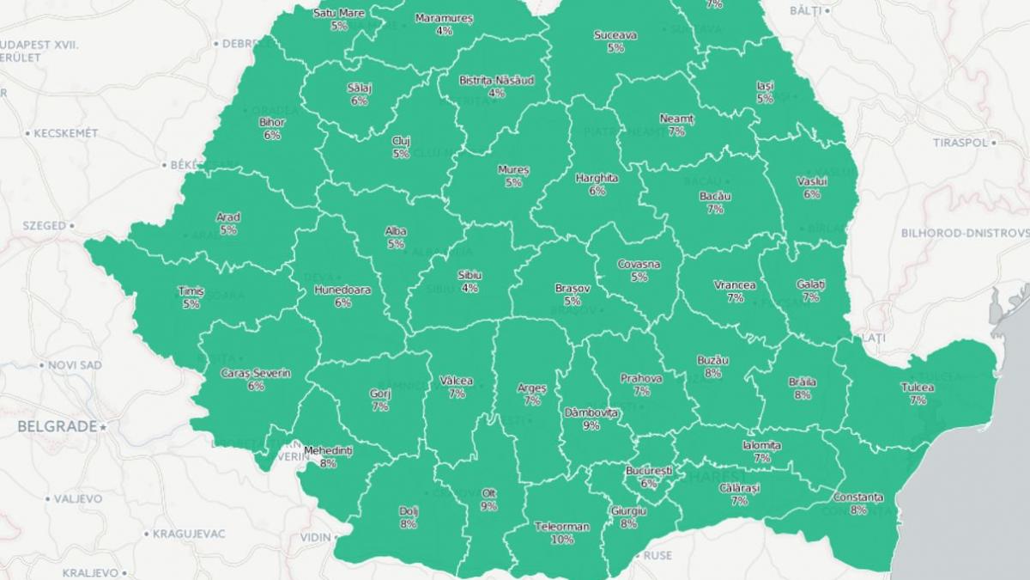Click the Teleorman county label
click(x=562, y=527)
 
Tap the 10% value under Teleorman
click(x=562, y=540)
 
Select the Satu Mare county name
click(x=338, y=14)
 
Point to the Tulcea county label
click(x=918, y=388)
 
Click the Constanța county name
click(x=857, y=498)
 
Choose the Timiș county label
click(x=191, y=291)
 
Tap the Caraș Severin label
click(x=256, y=373)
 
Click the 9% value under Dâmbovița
click(x=591, y=425)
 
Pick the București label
click(x=648, y=472)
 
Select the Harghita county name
click(x=597, y=178)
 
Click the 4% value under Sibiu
click(x=470, y=288)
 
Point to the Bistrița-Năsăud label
click(x=496, y=80)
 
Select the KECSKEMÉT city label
click(x=65, y=133)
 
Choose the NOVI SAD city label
click(x=75, y=365)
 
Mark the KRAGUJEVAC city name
click(x=190, y=534)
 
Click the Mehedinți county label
click(x=329, y=450)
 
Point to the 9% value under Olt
click(x=488, y=506)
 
